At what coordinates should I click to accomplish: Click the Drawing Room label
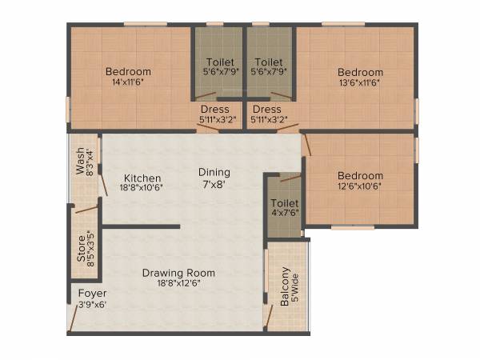pyautogui.click(x=178, y=273)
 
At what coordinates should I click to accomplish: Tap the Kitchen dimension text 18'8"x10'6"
pyautogui.click(x=142, y=188)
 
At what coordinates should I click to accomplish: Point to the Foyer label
pyautogui.click(x=90, y=294)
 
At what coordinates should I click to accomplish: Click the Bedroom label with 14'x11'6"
pyautogui.click(x=128, y=72)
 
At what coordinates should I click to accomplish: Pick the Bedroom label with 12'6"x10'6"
pyautogui.click(x=359, y=176)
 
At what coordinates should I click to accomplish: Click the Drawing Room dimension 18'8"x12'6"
pyautogui.click(x=178, y=283)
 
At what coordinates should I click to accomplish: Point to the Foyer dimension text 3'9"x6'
pyautogui.click(x=92, y=304)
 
